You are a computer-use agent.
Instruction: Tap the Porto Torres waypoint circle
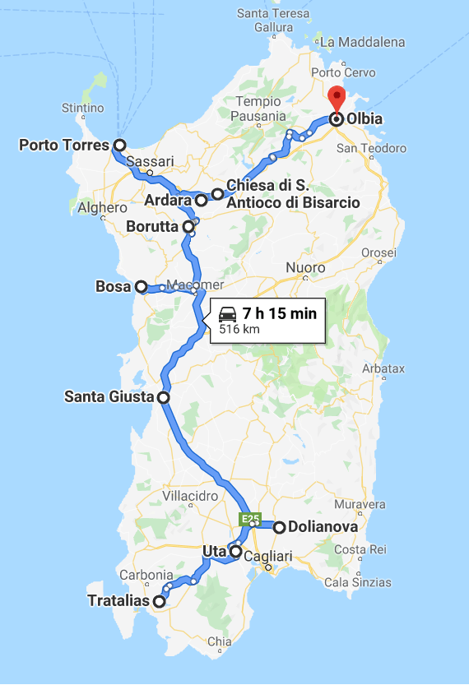119,146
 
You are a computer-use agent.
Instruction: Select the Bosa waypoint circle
141,287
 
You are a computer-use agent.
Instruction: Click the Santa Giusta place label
109,397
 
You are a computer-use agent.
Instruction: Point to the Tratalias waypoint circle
159,601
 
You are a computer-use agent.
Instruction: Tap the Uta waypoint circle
235,552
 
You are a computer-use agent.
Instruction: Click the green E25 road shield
250,519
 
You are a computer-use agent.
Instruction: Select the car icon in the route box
228,313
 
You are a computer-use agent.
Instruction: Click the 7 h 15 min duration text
280,313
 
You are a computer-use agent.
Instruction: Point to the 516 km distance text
239,329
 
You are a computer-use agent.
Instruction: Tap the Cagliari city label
268,557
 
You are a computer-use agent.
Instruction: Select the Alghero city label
102,208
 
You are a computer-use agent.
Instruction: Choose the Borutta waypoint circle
188,225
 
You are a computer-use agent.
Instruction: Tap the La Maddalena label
362,42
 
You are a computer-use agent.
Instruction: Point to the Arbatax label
383,369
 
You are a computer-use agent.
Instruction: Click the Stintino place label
83,109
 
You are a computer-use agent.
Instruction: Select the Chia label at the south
220,641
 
